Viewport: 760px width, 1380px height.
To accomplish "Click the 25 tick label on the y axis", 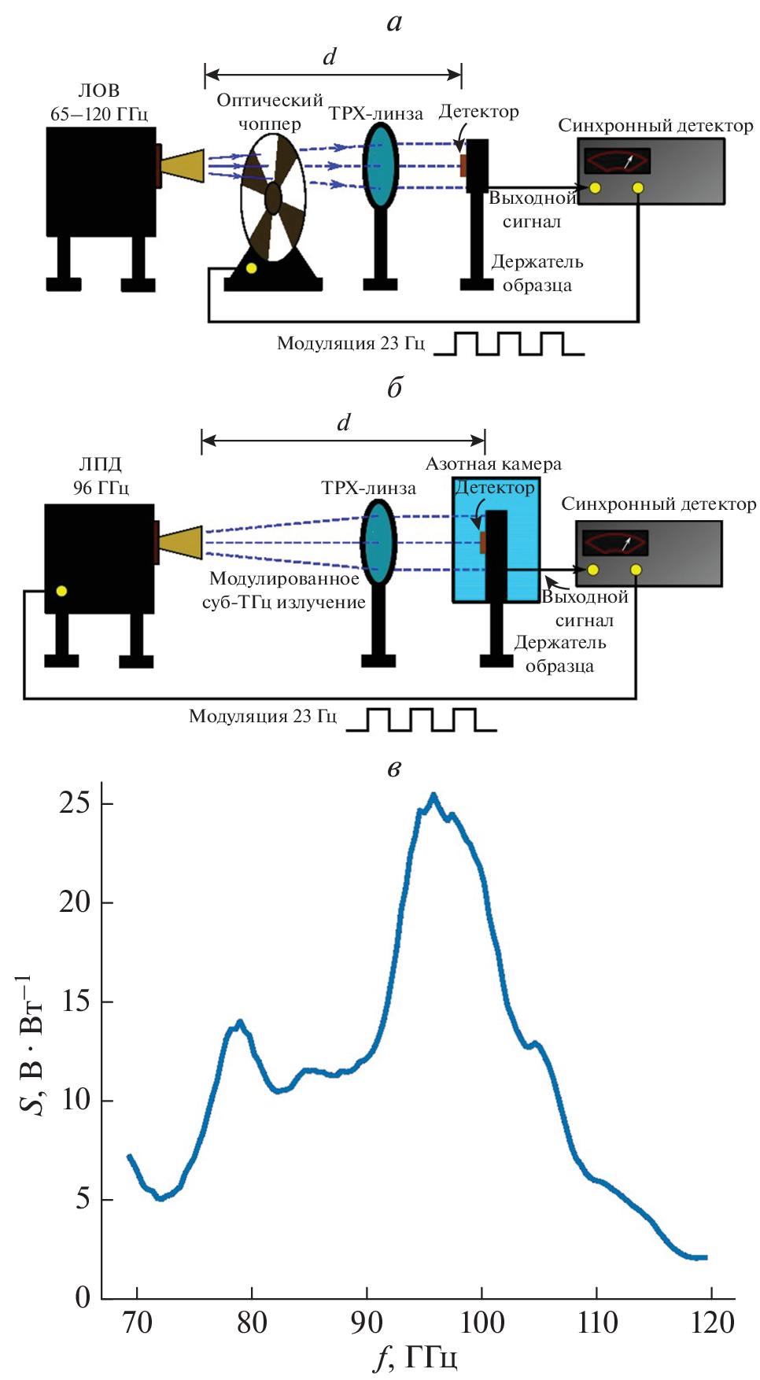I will pos(75,803).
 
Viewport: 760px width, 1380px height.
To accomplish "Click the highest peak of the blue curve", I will pos(433,795).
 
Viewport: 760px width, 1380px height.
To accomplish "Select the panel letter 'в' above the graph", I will pos(394,768).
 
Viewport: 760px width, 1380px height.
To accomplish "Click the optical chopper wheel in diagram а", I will pos(273,197).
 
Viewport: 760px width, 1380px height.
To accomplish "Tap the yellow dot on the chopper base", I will pos(251,268).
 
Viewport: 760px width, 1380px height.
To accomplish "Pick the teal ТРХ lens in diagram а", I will pos(382,165).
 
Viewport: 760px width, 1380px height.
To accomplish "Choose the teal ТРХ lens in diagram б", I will pos(378,543).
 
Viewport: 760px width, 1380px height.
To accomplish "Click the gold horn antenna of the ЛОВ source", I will pos(183,166).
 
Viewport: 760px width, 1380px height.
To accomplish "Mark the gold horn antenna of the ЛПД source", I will pos(182,543).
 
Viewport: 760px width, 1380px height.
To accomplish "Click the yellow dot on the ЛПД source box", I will pos(61,591).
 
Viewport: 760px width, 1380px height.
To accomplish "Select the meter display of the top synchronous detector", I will pos(617,161).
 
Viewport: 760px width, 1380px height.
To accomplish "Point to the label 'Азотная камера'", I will pos(493,464).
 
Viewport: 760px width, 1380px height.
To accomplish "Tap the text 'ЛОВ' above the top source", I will pos(99,90).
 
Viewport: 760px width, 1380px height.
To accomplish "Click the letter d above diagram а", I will pos(330,57).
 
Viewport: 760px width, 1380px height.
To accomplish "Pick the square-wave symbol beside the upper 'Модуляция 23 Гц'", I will pos(509,344).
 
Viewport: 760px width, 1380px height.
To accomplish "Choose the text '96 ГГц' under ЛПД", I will pos(101,488).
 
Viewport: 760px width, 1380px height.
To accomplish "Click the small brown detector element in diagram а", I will pos(463,166).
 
